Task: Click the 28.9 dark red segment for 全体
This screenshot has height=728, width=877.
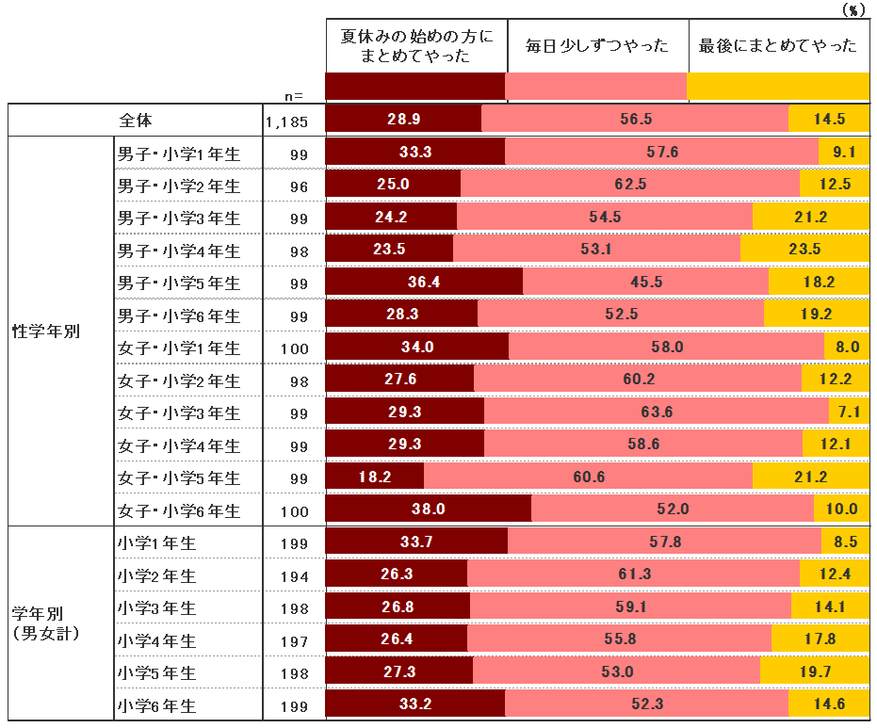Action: click(403, 120)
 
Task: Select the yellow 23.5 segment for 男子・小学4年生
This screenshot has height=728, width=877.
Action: click(804, 250)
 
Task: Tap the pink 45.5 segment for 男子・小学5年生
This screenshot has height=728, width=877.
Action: click(645, 283)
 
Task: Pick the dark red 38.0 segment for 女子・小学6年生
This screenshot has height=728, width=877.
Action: click(428, 510)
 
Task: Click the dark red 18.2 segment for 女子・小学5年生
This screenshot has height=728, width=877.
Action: click(375, 477)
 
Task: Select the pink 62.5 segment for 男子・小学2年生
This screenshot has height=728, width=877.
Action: click(629, 185)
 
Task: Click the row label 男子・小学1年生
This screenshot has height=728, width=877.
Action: click(179, 154)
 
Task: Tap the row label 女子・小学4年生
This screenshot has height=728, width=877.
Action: click(179, 445)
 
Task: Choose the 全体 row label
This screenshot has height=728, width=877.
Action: click(136, 121)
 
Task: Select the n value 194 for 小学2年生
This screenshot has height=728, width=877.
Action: click(293, 575)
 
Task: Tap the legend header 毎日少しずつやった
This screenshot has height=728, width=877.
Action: click(597, 45)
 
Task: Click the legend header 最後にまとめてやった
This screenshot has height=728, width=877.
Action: click(778, 45)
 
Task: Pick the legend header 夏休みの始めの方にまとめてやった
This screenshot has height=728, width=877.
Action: click(416, 45)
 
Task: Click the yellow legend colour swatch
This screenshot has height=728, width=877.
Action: click(778, 87)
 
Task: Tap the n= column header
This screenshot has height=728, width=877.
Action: click(295, 95)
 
